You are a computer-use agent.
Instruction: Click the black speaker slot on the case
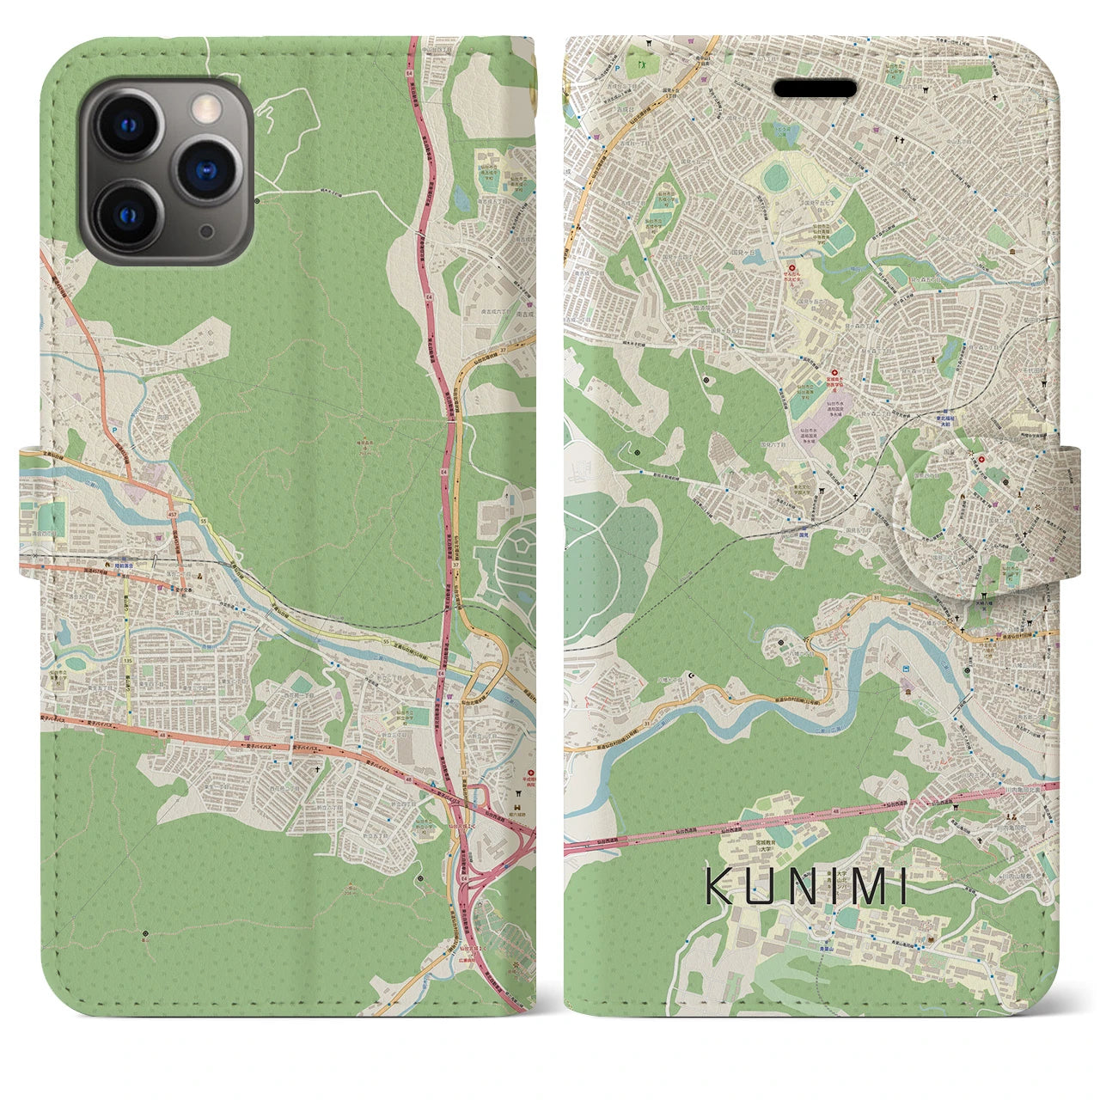pyautogui.click(x=816, y=89)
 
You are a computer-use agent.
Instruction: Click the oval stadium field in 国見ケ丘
pyautogui.click(x=776, y=178)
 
